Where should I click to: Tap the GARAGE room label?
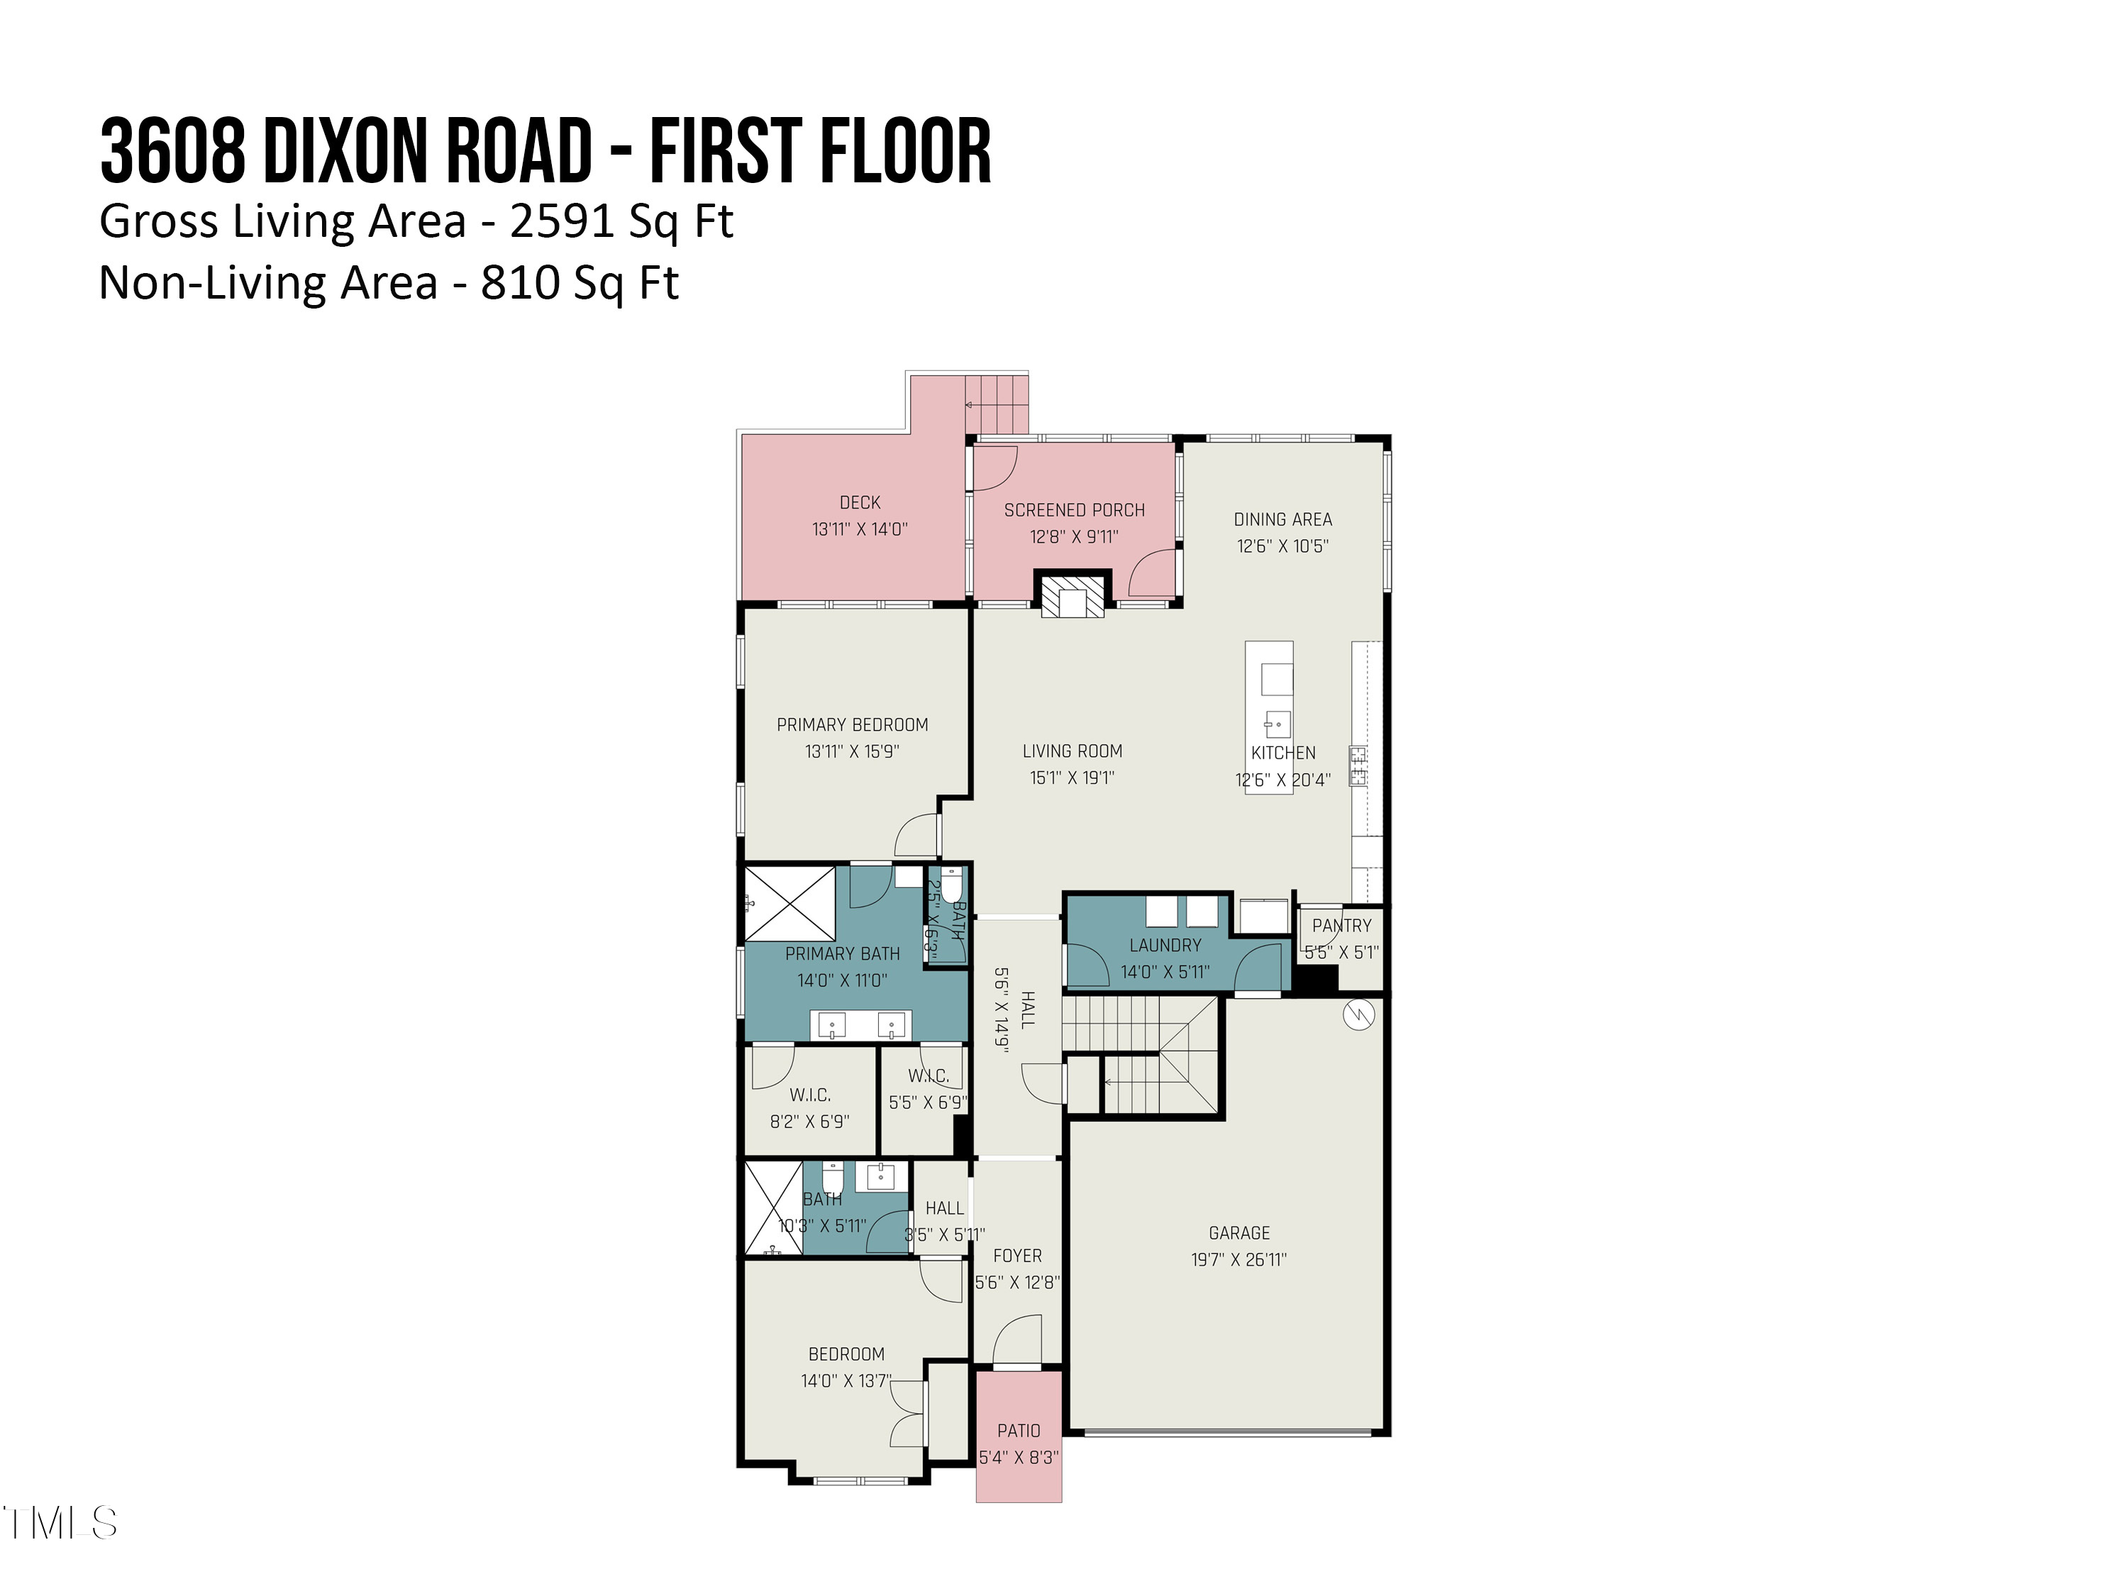tap(1239, 1232)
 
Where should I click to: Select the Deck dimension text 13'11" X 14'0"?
tap(859, 529)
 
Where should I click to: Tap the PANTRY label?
tap(1341, 926)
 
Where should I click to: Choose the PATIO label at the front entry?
tap(1019, 1431)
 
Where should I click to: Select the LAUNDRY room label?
tap(1165, 946)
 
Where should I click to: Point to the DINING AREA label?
tap(1282, 519)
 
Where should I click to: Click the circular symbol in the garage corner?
tap(1358, 1015)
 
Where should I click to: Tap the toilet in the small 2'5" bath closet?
tap(951, 883)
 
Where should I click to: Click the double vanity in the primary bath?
tap(861, 1026)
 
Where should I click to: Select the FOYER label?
tap(1017, 1256)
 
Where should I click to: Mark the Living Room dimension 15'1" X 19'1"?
tap(1072, 777)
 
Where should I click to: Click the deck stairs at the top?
tap(997, 404)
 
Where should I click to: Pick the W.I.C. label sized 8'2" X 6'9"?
tap(810, 1095)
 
